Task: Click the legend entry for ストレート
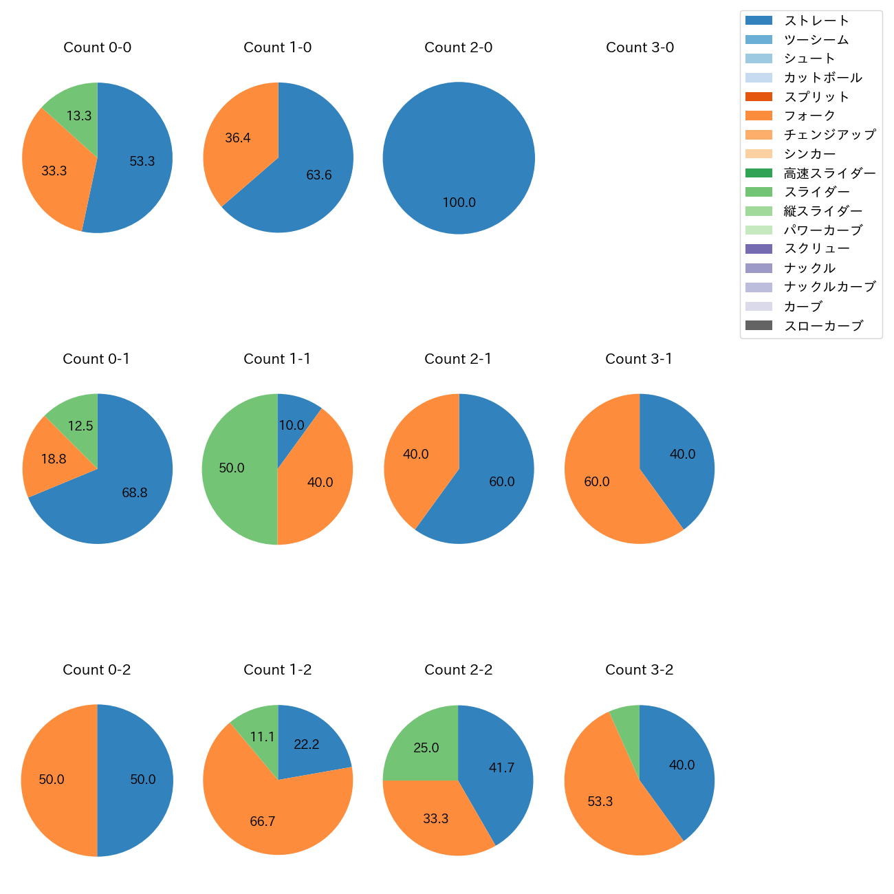tap(816, 21)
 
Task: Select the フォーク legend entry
tap(809, 116)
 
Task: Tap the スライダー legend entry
tap(816, 192)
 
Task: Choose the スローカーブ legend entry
tap(823, 326)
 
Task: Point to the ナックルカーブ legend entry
tap(829, 287)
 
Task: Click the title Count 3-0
tap(640, 47)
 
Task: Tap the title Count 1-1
tap(277, 359)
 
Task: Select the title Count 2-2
tap(458, 670)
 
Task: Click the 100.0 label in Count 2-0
tap(459, 203)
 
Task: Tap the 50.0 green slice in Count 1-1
tap(234, 468)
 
